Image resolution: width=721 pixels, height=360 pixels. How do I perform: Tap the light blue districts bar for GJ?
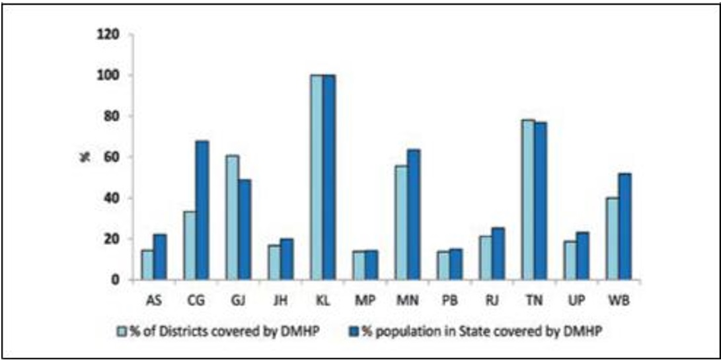click(x=231, y=217)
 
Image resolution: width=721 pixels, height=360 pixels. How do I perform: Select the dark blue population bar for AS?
click(x=159, y=257)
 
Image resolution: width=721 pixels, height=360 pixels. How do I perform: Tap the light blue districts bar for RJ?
click(x=485, y=258)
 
